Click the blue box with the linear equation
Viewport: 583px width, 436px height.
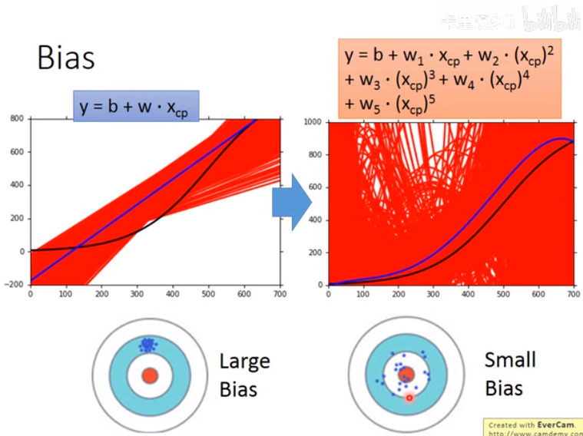136,106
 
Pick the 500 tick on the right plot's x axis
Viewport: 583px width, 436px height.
503,293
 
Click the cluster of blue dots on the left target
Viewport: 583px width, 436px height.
147,345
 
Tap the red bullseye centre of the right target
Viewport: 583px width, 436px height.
406,375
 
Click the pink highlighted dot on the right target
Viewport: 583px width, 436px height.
409,397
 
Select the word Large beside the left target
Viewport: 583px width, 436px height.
244,362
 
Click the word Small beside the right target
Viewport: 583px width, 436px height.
510,360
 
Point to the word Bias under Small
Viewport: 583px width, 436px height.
504,388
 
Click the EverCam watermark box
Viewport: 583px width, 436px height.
533,426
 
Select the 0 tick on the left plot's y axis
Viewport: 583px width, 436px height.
24,251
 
